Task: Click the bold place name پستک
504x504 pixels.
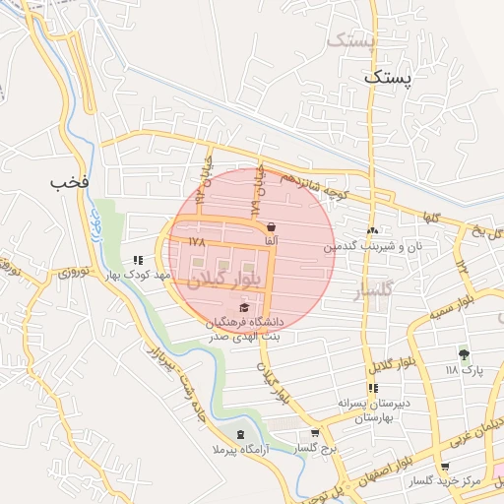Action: pyautogui.click(x=390, y=76)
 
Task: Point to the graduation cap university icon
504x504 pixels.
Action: pyautogui.click(x=244, y=308)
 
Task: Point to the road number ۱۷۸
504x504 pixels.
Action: pyautogui.click(x=196, y=239)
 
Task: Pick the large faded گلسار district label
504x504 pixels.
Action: pyautogui.click(x=372, y=291)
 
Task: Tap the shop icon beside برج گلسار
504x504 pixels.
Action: pyautogui.click(x=315, y=433)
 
